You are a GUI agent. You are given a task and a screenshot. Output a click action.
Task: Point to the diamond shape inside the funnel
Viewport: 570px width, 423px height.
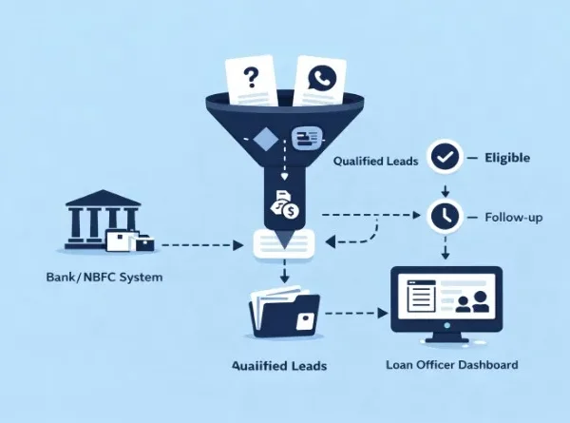point(265,140)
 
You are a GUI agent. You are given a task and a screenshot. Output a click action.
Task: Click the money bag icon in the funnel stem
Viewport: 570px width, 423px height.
point(283,203)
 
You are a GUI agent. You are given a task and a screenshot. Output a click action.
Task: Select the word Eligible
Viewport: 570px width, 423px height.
point(507,158)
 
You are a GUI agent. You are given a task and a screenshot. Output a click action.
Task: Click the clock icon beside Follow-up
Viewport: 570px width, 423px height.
point(444,216)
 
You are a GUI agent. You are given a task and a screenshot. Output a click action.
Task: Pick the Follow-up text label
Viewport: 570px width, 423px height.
point(514,218)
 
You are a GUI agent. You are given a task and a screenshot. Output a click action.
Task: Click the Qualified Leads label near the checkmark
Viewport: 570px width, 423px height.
point(375,162)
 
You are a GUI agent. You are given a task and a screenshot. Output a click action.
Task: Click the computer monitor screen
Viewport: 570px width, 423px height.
point(446,299)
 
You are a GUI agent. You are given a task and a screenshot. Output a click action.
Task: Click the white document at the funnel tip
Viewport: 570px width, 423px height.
point(283,244)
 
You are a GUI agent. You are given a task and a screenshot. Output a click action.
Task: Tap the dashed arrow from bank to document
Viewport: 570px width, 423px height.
point(199,245)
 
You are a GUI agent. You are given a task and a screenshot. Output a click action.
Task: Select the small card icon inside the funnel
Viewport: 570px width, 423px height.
point(307,138)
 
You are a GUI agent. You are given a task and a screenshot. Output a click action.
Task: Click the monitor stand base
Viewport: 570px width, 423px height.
point(446,341)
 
